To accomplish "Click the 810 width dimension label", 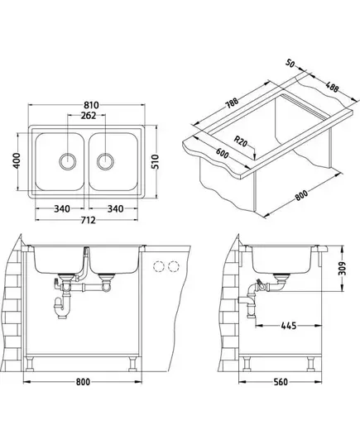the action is coord(91,105).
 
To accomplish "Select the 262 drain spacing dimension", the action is coord(89,115).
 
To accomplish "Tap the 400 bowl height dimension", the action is coord(17,160).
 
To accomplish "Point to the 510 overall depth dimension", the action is coord(156,162).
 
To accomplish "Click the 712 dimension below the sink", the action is coord(89,220).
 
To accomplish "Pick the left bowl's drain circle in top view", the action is coord(68,161).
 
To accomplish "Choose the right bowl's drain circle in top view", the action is coord(105,161).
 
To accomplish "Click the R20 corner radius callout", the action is coord(241,141).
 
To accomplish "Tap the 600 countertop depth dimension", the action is coord(222,153).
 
